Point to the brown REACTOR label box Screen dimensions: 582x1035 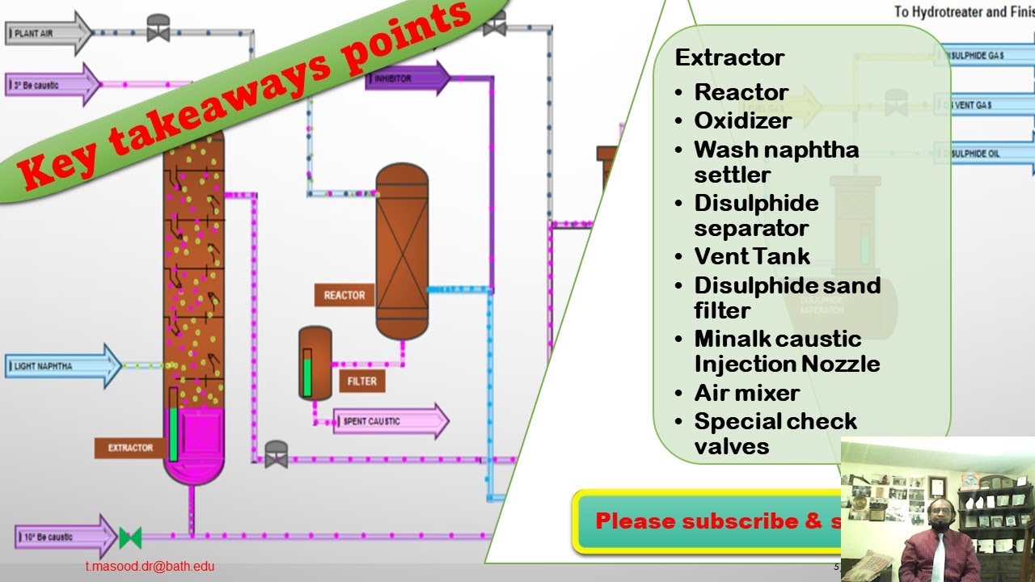coord(344,295)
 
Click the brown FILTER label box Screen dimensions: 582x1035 coord(361,381)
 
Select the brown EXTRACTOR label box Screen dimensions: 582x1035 coord(129,447)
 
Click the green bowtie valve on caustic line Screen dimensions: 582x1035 coord(130,537)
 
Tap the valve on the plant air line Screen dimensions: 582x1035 coord(158,29)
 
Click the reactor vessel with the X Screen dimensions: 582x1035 coord(402,251)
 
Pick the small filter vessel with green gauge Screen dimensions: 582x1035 coord(315,364)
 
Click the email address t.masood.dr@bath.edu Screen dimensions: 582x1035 coord(150,567)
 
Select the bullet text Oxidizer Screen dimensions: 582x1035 coord(742,120)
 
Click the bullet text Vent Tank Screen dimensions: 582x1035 coord(752,256)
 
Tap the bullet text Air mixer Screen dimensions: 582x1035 coord(746,393)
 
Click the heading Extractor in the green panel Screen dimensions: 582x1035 coord(729,58)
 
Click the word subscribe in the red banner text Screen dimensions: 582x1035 coord(740,521)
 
